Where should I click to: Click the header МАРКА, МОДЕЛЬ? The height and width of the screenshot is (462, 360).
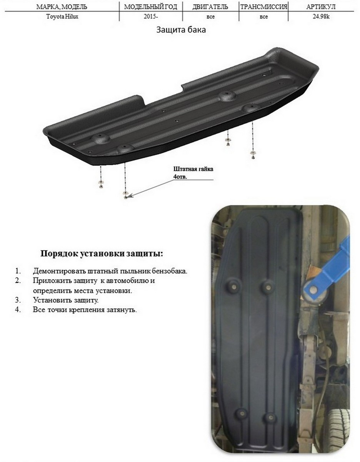click(x=62, y=7)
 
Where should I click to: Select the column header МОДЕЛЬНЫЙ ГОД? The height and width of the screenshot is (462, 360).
click(x=150, y=7)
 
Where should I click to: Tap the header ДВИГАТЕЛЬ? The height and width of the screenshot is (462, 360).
click(x=210, y=7)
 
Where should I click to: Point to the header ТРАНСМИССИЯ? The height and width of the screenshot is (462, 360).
click(x=263, y=7)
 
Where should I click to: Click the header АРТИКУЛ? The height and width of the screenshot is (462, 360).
click(x=321, y=7)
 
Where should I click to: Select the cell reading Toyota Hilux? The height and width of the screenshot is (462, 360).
click(x=62, y=17)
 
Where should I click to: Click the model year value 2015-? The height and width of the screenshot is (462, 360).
click(x=151, y=17)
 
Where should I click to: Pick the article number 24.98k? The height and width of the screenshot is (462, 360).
click(x=321, y=17)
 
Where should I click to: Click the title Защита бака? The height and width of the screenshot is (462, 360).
click(x=181, y=30)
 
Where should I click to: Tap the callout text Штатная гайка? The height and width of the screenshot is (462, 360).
click(x=193, y=169)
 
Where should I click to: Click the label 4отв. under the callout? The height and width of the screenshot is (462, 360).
click(x=180, y=177)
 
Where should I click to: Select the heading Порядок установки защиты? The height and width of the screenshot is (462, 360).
click(x=102, y=254)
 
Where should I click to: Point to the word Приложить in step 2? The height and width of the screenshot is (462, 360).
click(x=48, y=281)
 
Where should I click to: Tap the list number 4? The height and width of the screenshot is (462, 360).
click(x=18, y=310)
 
